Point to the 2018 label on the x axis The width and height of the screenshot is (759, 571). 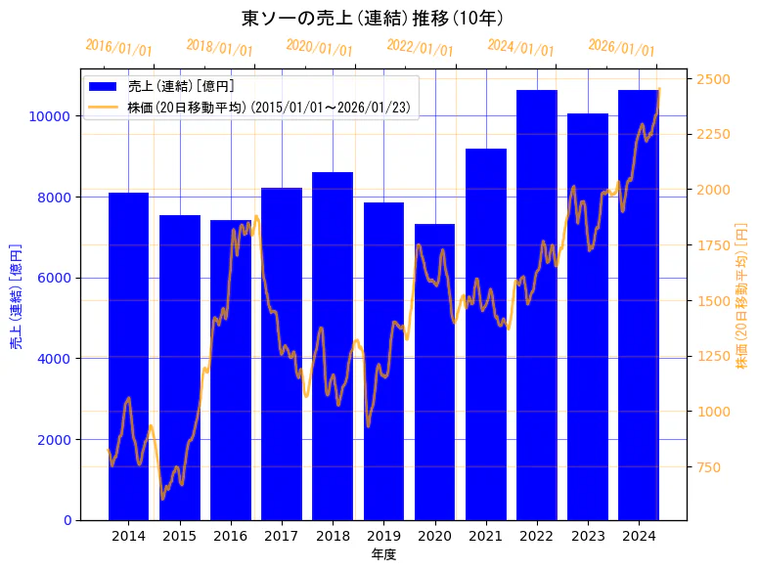pyautogui.click(x=333, y=536)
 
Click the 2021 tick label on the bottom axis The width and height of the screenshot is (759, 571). pyautogui.click(x=486, y=536)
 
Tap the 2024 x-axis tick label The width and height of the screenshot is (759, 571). pyautogui.click(x=639, y=536)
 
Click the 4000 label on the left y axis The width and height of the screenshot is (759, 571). pyautogui.click(x=57, y=359)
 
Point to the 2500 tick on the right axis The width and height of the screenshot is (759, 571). pyautogui.click(x=713, y=79)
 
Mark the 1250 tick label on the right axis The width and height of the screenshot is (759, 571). pyautogui.click(x=713, y=357)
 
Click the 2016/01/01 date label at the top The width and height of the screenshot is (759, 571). pyautogui.click(x=119, y=47)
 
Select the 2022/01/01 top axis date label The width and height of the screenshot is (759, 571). pyautogui.click(x=421, y=47)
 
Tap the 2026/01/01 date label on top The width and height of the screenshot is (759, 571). pyautogui.click(x=621, y=47)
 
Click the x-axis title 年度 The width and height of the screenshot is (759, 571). pyautogui.click(x=383, y=554)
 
